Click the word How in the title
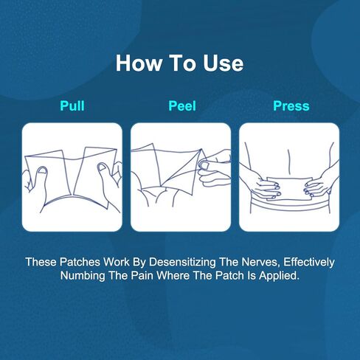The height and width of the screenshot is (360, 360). click(x=139, y=63)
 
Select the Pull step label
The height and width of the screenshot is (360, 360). click(x=72, y=106)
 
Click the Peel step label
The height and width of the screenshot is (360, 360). click(x=182, y=106)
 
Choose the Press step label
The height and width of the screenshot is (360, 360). click(x=291, y=106)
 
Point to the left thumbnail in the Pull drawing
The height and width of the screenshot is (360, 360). click(x=43, y=170)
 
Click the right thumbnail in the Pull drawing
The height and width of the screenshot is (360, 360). click(x=102, y=167)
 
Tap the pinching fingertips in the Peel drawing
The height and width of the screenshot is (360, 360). click(x=204, y=165)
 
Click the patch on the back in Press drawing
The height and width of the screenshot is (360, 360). click(x=290, y=188)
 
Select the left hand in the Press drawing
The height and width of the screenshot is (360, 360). click(x=262, y=182)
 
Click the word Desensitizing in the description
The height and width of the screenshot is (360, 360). click(x=182, y=262)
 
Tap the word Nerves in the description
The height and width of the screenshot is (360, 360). click(x=261, y=262)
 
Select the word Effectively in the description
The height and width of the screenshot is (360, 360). click(x=309, y=262)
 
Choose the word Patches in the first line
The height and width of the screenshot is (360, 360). click(x=80, y=262)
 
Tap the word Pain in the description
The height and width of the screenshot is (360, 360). click(x=142, y=275)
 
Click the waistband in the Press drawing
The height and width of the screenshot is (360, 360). click(x=290, y=205)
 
